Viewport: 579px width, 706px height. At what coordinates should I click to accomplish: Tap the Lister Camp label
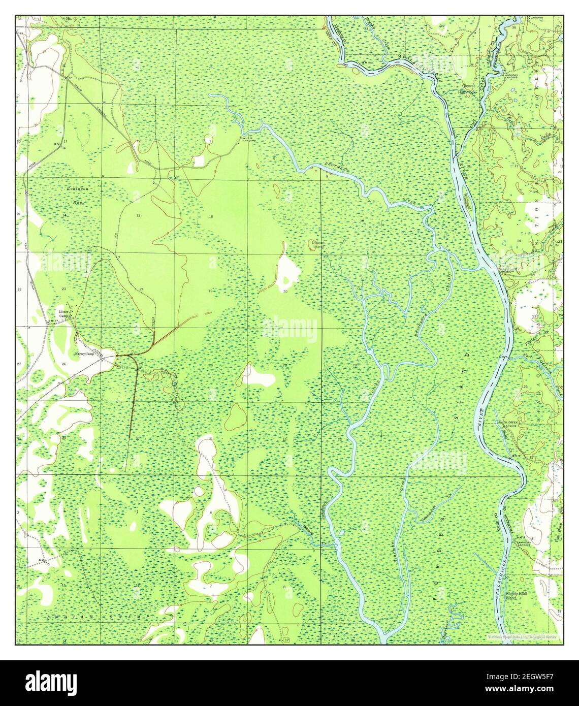pyautogui.click(x=63, y=313)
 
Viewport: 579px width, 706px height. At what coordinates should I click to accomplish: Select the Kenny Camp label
pyautogui.click(x=85, y=354)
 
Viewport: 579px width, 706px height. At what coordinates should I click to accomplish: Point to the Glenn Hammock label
pyautogui.click(x=468, y=89)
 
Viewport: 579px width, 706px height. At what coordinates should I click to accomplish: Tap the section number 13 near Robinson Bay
pyautogui.click(x=138, y=216)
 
